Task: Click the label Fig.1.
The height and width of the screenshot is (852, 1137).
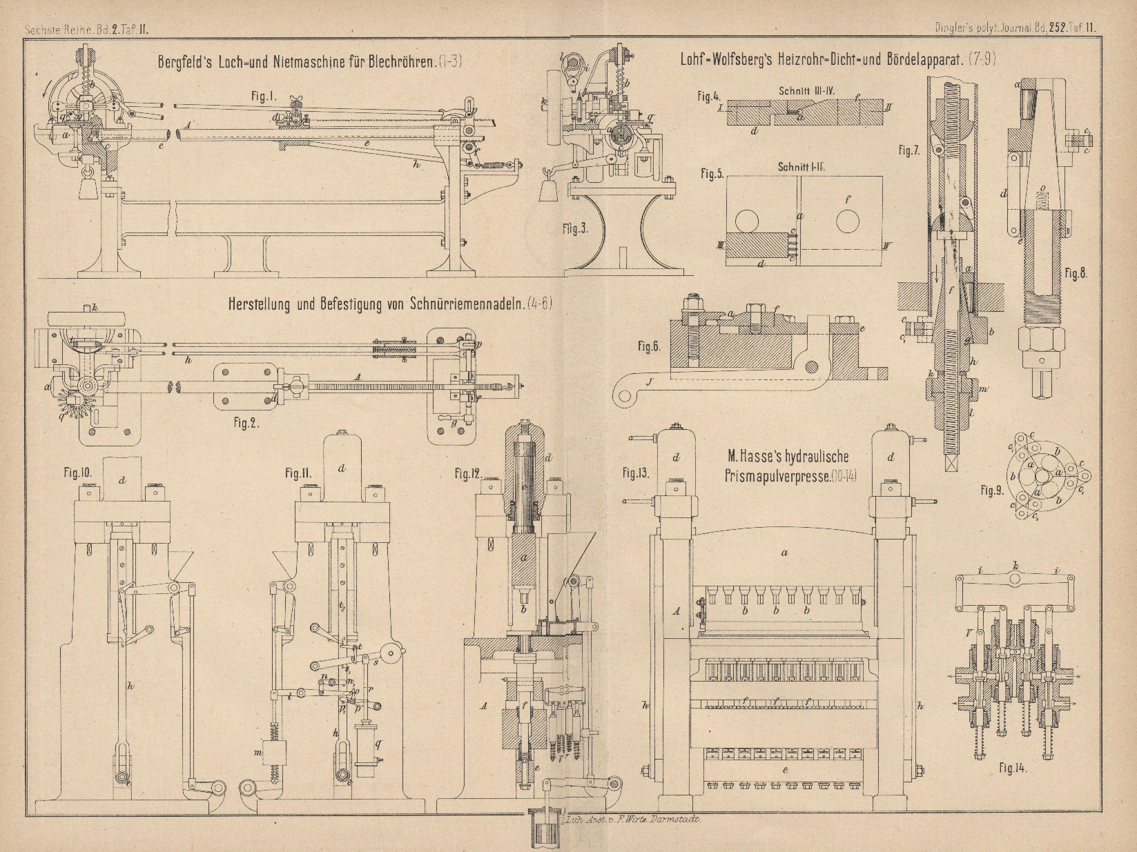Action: (x=263, y=97)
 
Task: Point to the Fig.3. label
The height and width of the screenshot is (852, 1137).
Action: (x=575, y=228)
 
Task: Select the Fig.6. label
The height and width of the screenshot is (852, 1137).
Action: (x=648, y=347)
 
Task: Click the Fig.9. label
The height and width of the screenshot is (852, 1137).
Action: (x=992, y=491)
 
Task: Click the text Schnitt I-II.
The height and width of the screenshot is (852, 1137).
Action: (x=802, y=166)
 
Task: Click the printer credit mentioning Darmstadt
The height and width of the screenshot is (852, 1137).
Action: (x=632, y=821)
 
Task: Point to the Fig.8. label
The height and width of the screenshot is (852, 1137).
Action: (x=1076, y=273)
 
